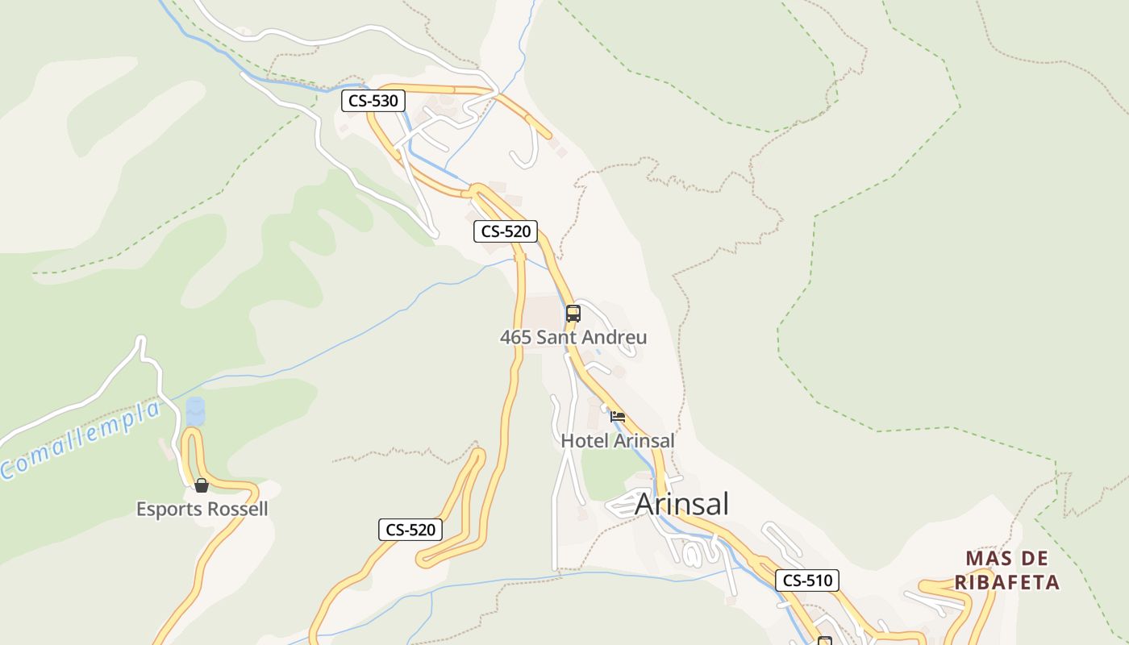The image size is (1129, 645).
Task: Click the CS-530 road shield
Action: click(373, 101)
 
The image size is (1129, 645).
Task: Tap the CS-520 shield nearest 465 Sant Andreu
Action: click(505, 231)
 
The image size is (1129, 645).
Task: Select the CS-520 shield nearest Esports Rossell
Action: click(410, 530)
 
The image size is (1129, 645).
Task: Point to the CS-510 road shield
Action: click(807, 580)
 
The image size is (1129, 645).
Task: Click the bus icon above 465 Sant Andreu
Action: click(573, 314)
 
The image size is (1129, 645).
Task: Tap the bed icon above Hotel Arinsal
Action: click(618, 417)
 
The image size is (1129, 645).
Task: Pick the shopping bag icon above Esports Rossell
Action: click(202, 485)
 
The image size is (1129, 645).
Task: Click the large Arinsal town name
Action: click(681, 504)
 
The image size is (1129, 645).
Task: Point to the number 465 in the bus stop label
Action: click(515, 337)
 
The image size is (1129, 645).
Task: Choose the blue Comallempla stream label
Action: click(81, 440)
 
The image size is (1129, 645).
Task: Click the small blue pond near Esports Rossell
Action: click(195, 411)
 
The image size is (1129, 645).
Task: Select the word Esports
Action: click(168, 510)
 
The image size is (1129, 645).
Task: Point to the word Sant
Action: click(552, 337)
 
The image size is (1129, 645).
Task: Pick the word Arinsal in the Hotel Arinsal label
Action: click(644, 441)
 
